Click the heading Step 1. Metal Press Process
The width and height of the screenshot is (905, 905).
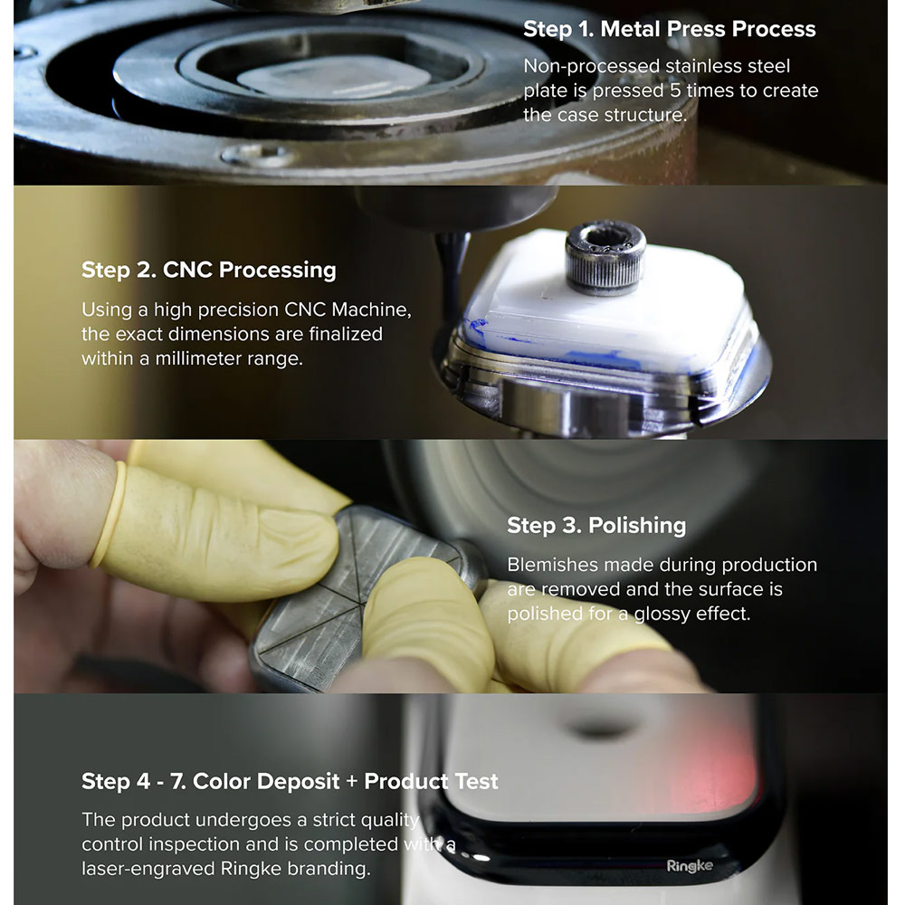pyautogui.click(x=669, y=29)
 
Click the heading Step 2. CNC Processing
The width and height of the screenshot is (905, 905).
pyautogui.click(x=208, y=270)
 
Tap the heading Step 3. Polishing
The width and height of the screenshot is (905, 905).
pyautogui.click(x=596, y=525)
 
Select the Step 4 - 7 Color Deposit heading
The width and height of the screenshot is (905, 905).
pyautogui.click(x=290, y=781)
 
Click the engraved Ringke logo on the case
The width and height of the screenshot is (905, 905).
pyautogui.click(x=689, y=866)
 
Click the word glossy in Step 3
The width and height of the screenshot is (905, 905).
pyautogui.click(x=662, y=614)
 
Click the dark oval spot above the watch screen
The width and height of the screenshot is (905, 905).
pyautogui.click(x=602, y=729)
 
